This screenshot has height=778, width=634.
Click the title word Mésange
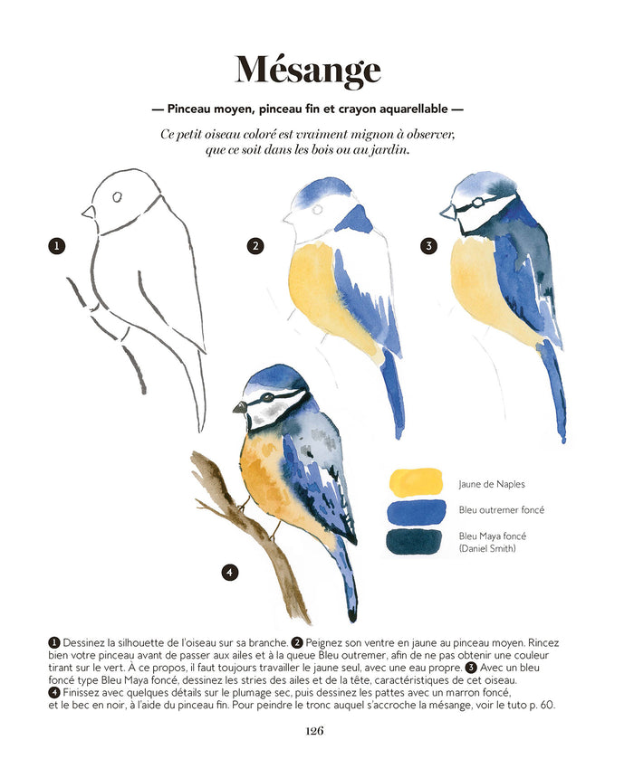pyautogui.click(x=308, y=71)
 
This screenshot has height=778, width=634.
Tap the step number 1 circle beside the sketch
pyautogui.click(x=57, y=245)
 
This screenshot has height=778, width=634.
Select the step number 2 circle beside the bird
pyautogui.click(x=255, y=245)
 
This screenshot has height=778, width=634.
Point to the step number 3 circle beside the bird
pyautogui.click(x=428, y=245)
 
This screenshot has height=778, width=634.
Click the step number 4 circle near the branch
pyautogui.click(x=229, y=572)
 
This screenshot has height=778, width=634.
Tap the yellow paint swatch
pyautogui.click(x=416, y=482)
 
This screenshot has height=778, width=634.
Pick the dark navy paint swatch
pyautogui.click(x=415, y=542)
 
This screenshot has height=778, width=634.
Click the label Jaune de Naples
pyautogui.click(x=492, y=484)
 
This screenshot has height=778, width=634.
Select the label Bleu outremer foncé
pyautogui.click(x=502, y=510)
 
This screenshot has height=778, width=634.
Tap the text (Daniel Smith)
pyautogui.click(x=487, y=548)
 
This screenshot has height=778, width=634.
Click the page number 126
pyautogui.click(x=314, y=730)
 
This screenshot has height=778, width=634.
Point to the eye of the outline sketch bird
pyautogui.click(x=117, y=197)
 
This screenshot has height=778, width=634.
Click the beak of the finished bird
pyautogui.click(x=240, y=407)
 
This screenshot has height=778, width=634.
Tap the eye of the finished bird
pyautogui.click(x=268, y=396)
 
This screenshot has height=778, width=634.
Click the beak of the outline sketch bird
pyautogui.click(x=89, y=212)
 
